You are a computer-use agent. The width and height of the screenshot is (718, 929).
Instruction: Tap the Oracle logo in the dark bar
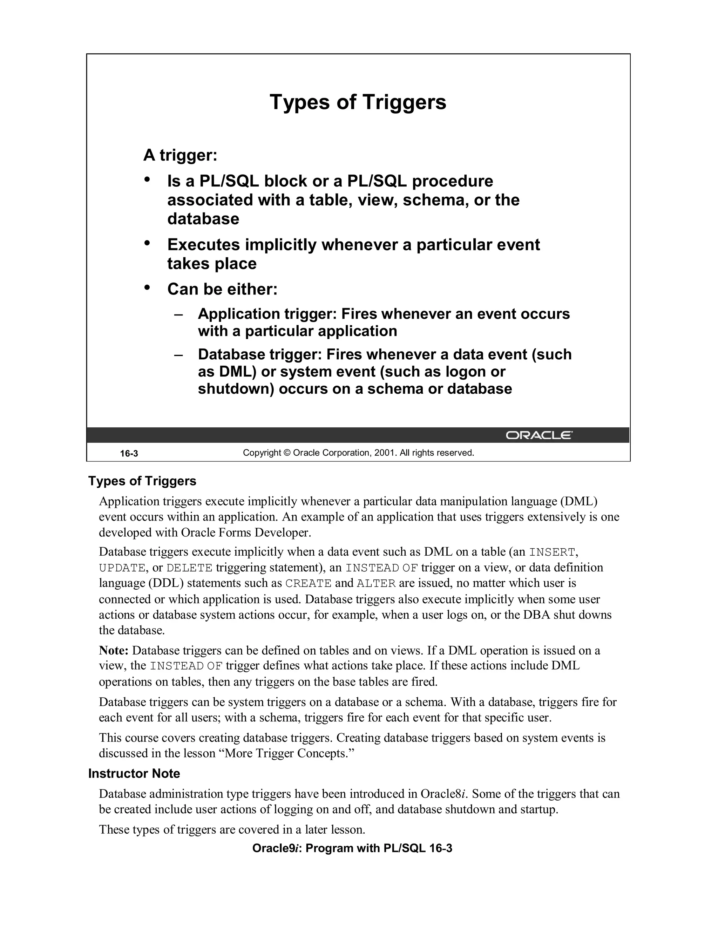[x=539, y=435]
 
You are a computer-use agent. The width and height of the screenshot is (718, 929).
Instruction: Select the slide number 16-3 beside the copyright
[x=129, y=453]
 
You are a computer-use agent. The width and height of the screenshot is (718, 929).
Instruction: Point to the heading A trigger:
[x=180, y=155]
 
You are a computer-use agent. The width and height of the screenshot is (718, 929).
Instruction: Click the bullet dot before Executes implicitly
[x=147, y=243]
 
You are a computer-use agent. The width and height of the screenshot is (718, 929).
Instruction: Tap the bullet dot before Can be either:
[x=147, y=287]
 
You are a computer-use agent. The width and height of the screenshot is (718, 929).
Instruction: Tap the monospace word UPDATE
[x=122, y=568]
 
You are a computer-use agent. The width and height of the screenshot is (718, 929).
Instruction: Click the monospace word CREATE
[x=308, y=584]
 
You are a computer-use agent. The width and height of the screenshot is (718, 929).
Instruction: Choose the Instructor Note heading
[x=134, y=774]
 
